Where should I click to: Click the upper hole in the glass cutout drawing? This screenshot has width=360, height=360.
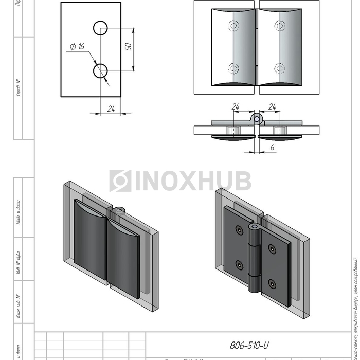pyautogui.click(x=100, y=28)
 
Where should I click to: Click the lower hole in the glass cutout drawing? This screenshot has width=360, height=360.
pyautogui.click(x=100, y=70)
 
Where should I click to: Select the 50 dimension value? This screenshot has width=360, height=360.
pyautogui.click(x=129, y=46)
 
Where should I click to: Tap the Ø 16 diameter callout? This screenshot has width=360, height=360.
pyautogui.click(x=77, y=47)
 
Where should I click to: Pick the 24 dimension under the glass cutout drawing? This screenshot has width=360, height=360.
pyautogui.click(x=111, y=109)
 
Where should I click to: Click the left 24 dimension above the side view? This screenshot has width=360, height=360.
pyautogui.click(x=236, y=107)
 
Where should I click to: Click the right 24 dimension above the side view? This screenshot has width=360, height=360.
pyautogui.click(x=273, y=107)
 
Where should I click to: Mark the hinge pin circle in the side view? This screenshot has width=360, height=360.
pyautogui.click(x=257, y=119)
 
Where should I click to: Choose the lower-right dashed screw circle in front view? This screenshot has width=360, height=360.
pyautogui.click(x=279, y=68)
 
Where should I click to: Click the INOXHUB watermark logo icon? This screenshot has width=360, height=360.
pyautogui.click(x=120, y=181)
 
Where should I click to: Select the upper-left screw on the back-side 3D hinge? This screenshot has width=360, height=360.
pyautogui.click(x=239, y=231)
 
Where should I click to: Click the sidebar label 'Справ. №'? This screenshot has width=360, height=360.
pyautogui.click(x=19, y=88)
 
